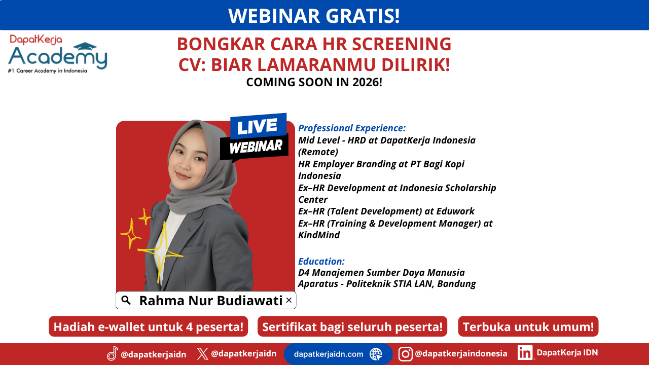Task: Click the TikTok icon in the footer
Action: coord(113,353)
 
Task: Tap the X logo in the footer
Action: coord(202,354)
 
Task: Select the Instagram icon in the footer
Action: coord(405,354)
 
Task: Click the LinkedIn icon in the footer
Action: coord(525,352)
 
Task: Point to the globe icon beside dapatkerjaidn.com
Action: coord(376,354)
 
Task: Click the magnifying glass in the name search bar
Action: coord(126,300)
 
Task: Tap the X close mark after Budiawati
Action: coord(289,300)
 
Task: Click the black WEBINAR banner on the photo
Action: coord(255,147)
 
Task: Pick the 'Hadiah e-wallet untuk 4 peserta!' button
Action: coord(149,326)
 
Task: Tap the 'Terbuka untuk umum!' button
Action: coord(528,326)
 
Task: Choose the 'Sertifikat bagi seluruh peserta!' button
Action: coord(352,326)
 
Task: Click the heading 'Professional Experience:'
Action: coord(352,128)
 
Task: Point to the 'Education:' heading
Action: coord(321,261)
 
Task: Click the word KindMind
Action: coord(319,235)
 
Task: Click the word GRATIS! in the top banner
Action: coord(363,16)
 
